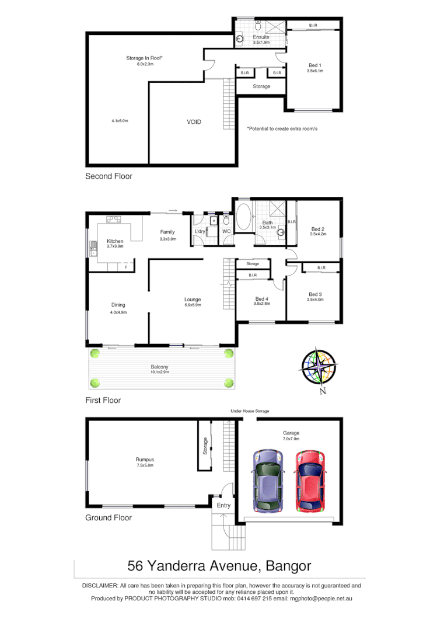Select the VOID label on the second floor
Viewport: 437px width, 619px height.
pos(194,122)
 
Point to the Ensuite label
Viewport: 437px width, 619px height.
pos(261,37)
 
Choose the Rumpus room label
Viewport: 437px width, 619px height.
pos(145,460)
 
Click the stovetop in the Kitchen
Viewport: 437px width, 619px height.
pos(114,220)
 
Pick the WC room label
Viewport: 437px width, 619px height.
pos(226,232)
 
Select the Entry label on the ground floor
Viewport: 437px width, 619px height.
pos(223,505)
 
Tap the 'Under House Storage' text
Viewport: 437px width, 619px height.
pos(250,412)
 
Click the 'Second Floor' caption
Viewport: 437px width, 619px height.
pos(109,176)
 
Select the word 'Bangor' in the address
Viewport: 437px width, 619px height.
pos(288,565)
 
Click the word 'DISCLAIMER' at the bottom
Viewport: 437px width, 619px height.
pos(100,585)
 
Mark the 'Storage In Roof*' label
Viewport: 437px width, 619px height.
pos(145,58)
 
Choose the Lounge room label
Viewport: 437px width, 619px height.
pos(193,300)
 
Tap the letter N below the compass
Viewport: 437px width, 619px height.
pos(322,392)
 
